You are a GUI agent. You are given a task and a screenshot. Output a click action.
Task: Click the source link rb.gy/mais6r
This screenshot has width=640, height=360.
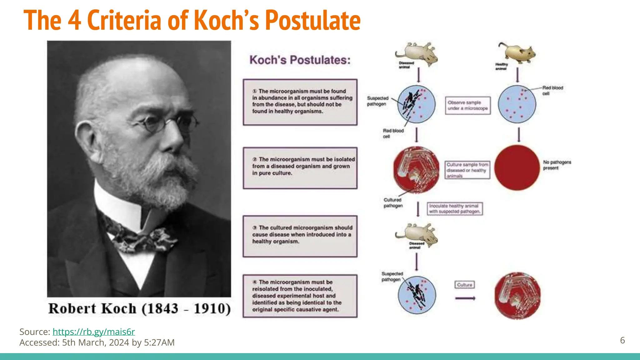coord(94,332)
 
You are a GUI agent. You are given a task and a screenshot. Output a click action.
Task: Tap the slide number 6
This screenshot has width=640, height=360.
coord(622,340)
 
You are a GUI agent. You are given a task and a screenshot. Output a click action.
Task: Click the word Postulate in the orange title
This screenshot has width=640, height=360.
coord(313,21)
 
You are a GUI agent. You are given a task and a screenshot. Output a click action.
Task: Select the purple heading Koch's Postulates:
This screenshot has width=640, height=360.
coord(300,60)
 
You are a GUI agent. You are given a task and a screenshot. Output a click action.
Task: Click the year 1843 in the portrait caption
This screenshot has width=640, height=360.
coord(162,309)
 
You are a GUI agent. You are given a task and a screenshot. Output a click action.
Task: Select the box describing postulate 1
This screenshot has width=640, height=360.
coord(300,102)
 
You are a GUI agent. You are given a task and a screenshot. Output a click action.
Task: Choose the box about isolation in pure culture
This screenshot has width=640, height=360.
coord(300,168)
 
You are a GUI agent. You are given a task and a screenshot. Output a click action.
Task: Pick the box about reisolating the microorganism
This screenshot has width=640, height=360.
coord(300,296)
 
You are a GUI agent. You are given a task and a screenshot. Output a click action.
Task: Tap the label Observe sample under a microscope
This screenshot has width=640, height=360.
coord(467,105)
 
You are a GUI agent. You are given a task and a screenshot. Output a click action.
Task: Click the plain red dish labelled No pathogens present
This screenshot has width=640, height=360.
coord(517,167)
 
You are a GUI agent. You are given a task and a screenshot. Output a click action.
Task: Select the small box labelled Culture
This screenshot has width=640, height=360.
coord(464,285)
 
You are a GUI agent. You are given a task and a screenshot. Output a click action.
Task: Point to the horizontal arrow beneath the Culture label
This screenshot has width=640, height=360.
coord(465,298)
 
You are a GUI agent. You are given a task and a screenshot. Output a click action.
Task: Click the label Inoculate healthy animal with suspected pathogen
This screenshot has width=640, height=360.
coord(455,209)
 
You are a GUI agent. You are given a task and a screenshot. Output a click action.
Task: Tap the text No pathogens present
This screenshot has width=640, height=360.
coord(557,165)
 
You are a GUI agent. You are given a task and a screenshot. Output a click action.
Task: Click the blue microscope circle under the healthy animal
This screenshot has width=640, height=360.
coord(517,104)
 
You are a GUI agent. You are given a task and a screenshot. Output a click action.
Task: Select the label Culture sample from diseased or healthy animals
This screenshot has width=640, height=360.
coord(467,170)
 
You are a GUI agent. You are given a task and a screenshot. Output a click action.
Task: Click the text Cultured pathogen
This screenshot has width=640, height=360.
coord(393,203)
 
